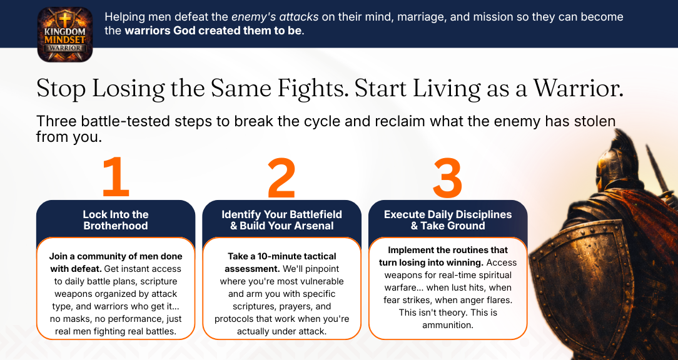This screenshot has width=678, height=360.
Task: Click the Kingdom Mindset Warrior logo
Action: pos(65,34)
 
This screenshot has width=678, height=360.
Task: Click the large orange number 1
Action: pos(116,177)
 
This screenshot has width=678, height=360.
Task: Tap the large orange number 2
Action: pos(281,178)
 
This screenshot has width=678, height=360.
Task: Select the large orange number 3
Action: pos(448,178)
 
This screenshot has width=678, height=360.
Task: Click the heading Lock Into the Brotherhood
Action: pos(116,220)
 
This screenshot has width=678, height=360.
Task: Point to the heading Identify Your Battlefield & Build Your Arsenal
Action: pos(281,220)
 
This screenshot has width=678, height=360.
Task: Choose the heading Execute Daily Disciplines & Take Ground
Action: pos(448,220)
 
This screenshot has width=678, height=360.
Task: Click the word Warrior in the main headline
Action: pos(578,88)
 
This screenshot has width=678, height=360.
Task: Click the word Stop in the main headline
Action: pos(61,89)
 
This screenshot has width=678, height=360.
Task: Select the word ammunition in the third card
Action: pos(448,325)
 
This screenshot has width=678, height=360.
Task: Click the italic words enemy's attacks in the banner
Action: pos(275,17)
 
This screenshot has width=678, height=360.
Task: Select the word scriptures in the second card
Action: pos(254,307)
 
